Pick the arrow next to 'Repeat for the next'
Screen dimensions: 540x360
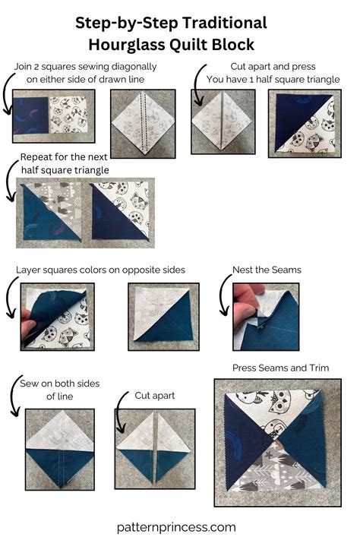click(11, 186)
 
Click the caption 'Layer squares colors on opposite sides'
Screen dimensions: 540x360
click(100, 270)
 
